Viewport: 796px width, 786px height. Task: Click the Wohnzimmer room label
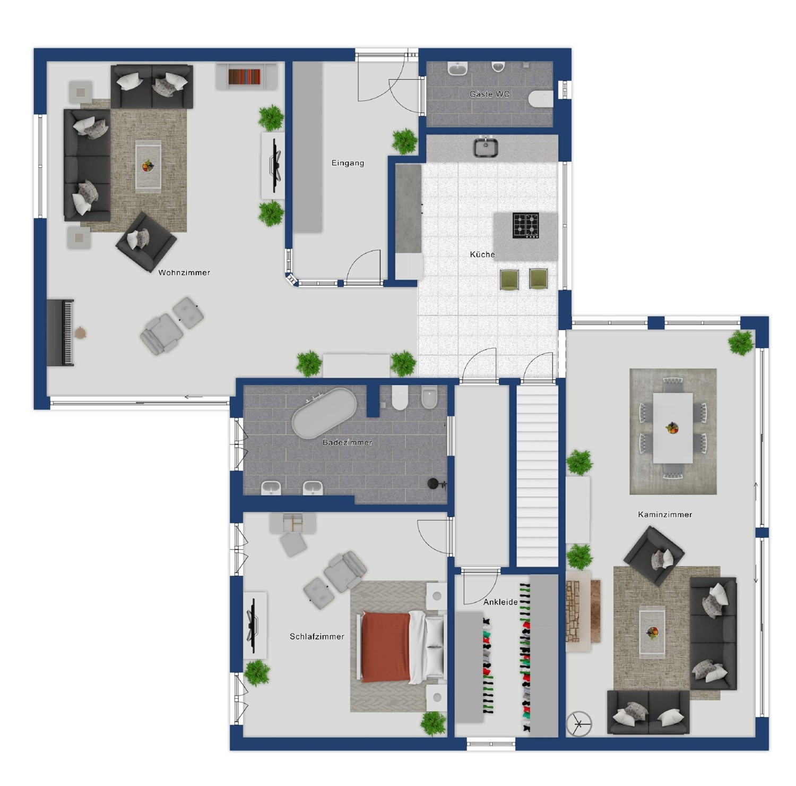click(x=184, y=272)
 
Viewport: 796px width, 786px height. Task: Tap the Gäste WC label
click(x=489, y=94)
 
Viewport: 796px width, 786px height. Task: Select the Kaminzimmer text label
click(x=665, y=514)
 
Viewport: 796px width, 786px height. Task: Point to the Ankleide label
click(x=500, y=602)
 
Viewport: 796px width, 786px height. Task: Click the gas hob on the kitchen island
click(x=525, y=225)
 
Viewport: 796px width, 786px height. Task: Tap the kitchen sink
click(x=486, y=147)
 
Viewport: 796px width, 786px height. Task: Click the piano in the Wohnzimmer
click(x=60, y=332)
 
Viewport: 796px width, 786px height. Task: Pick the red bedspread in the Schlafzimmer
click(x=386, y=647)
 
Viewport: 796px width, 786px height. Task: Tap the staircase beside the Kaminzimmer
click(x=538, y=475)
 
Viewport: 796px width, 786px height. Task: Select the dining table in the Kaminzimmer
click(x=673, y=428)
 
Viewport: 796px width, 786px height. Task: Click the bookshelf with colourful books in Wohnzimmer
click(x=245, y=77)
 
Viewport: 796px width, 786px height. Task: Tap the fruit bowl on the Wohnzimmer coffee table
click(x=148, y=166)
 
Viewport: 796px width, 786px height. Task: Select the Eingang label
click(x=348, y=163)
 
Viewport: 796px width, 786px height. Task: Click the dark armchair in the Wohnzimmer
click(x=146, y=242)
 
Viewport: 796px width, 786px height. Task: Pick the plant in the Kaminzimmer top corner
click(x=741, y=343)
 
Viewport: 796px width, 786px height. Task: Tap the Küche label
click(x=482, y=254)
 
